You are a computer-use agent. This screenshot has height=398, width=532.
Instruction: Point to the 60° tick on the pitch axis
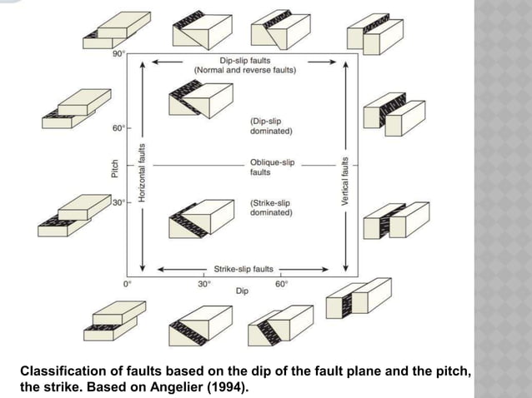click(119, 129)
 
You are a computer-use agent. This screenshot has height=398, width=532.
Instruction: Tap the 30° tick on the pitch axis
click(119, 202)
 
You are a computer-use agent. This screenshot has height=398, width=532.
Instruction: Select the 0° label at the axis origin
click(127, 284)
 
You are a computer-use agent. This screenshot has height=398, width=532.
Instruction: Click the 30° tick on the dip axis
click(203, 284)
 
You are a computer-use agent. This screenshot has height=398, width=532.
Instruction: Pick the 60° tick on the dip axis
click(281, 284)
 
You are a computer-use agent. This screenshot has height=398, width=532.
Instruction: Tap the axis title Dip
click(242, 292)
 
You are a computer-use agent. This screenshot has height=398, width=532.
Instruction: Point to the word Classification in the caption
click(60, 371)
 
